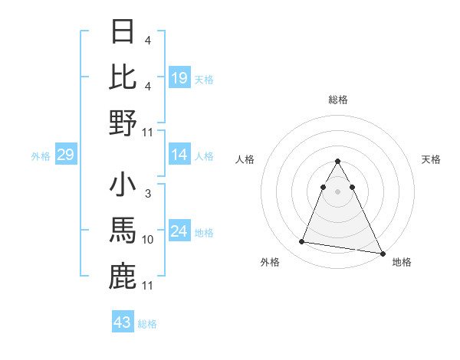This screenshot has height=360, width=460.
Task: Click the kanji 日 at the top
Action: pyautogui.click(x=123, y=31)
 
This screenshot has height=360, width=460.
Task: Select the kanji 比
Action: pyautogui.click(x=123, y=77)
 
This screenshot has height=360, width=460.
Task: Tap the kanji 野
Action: pyautogui.click(x=123, y=123)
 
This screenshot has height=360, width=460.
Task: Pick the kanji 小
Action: pyautogui.click(x=123, y=186)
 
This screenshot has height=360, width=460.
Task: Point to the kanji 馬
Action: pyautogui.click(x=123, y=231)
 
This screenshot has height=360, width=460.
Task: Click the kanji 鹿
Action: pyautogui.click(x=123, y=277)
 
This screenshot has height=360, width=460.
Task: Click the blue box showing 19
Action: pyautogui.click(x=179, y=77)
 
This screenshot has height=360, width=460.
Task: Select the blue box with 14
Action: pyautogui.click(x=179, y=155)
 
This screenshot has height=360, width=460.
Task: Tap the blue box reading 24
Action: pyautogui.click(x=179, y=232)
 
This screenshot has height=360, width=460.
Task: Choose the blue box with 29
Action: pyautogui.click(x=65, y=155)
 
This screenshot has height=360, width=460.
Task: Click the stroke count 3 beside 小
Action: pyautogui.click(x=147, y=195)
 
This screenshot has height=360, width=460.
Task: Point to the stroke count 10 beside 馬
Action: pyautogui.click(x=148, y=240)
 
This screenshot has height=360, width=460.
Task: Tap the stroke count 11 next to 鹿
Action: pyautogui.click(x=148, y=285)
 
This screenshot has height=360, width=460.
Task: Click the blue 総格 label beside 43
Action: pyautogui.click(x=147, y=324)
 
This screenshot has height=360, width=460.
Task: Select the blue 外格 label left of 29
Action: pyautogui.click(x=41, y=156)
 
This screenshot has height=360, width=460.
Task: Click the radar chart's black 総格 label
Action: pyautogui.click(x=337, y=100)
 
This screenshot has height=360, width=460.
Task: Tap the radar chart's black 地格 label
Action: pyautogui.click(x=401, y=262)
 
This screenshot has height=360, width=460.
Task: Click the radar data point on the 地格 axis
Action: pyautogui.click(x=383, y=254)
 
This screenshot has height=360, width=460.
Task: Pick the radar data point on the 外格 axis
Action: pyautogui.click(x=301, y=242)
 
